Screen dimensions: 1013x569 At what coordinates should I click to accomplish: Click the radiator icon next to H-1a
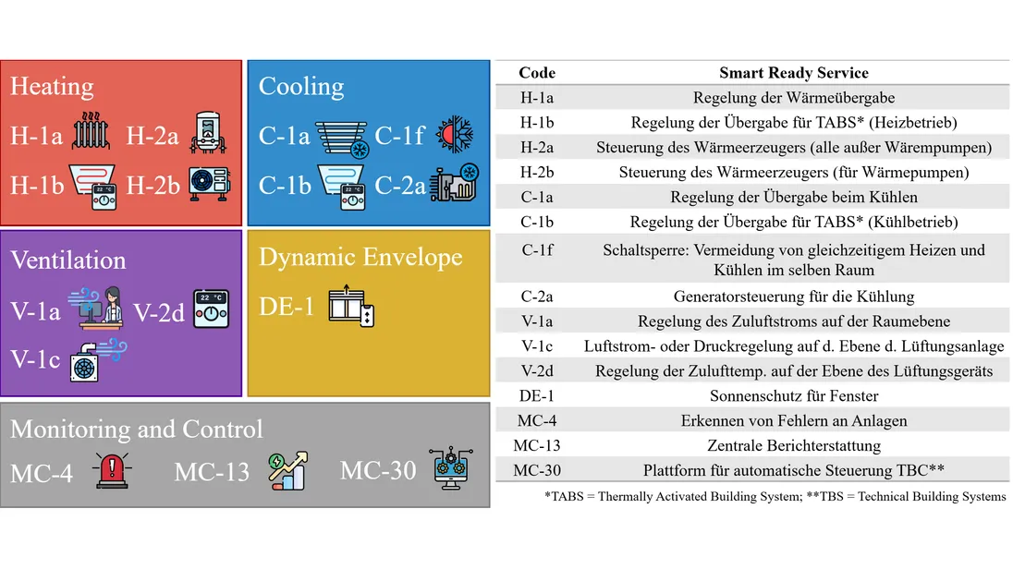click(x=91, y=131)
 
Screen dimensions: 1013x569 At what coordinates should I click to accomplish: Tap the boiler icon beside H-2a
click(x=208, y=132)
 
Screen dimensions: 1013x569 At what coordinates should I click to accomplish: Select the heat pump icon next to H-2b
click(x=210, y=184)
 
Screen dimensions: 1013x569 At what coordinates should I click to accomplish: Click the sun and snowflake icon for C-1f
click(x=455, y=134)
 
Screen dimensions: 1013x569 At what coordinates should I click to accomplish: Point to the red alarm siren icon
click(x=112, y=470)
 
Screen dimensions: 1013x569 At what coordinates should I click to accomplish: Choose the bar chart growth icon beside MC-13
click(x=288, y=470)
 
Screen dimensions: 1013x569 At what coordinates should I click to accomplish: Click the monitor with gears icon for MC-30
click(x=451, y=467)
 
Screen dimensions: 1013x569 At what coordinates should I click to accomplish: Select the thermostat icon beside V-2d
click(x=212, y=309)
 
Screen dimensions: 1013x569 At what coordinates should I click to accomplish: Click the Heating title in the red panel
click(x=52, y=87)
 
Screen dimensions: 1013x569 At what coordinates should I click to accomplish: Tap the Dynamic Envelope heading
click(x=360, y=258)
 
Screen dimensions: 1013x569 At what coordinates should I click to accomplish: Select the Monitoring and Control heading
click(x=137, y=429)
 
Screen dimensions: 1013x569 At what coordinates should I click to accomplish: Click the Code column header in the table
click(x=537, y=73)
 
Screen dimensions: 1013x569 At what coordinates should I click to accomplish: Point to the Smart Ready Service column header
click(x=794, y=73)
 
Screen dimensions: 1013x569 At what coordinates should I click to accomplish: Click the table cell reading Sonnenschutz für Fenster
click(x=794, y=396)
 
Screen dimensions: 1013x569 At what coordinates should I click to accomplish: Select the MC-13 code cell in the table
click(x=537, y=445)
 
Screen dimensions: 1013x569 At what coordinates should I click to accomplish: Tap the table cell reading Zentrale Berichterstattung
click(x=794, y=445)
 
